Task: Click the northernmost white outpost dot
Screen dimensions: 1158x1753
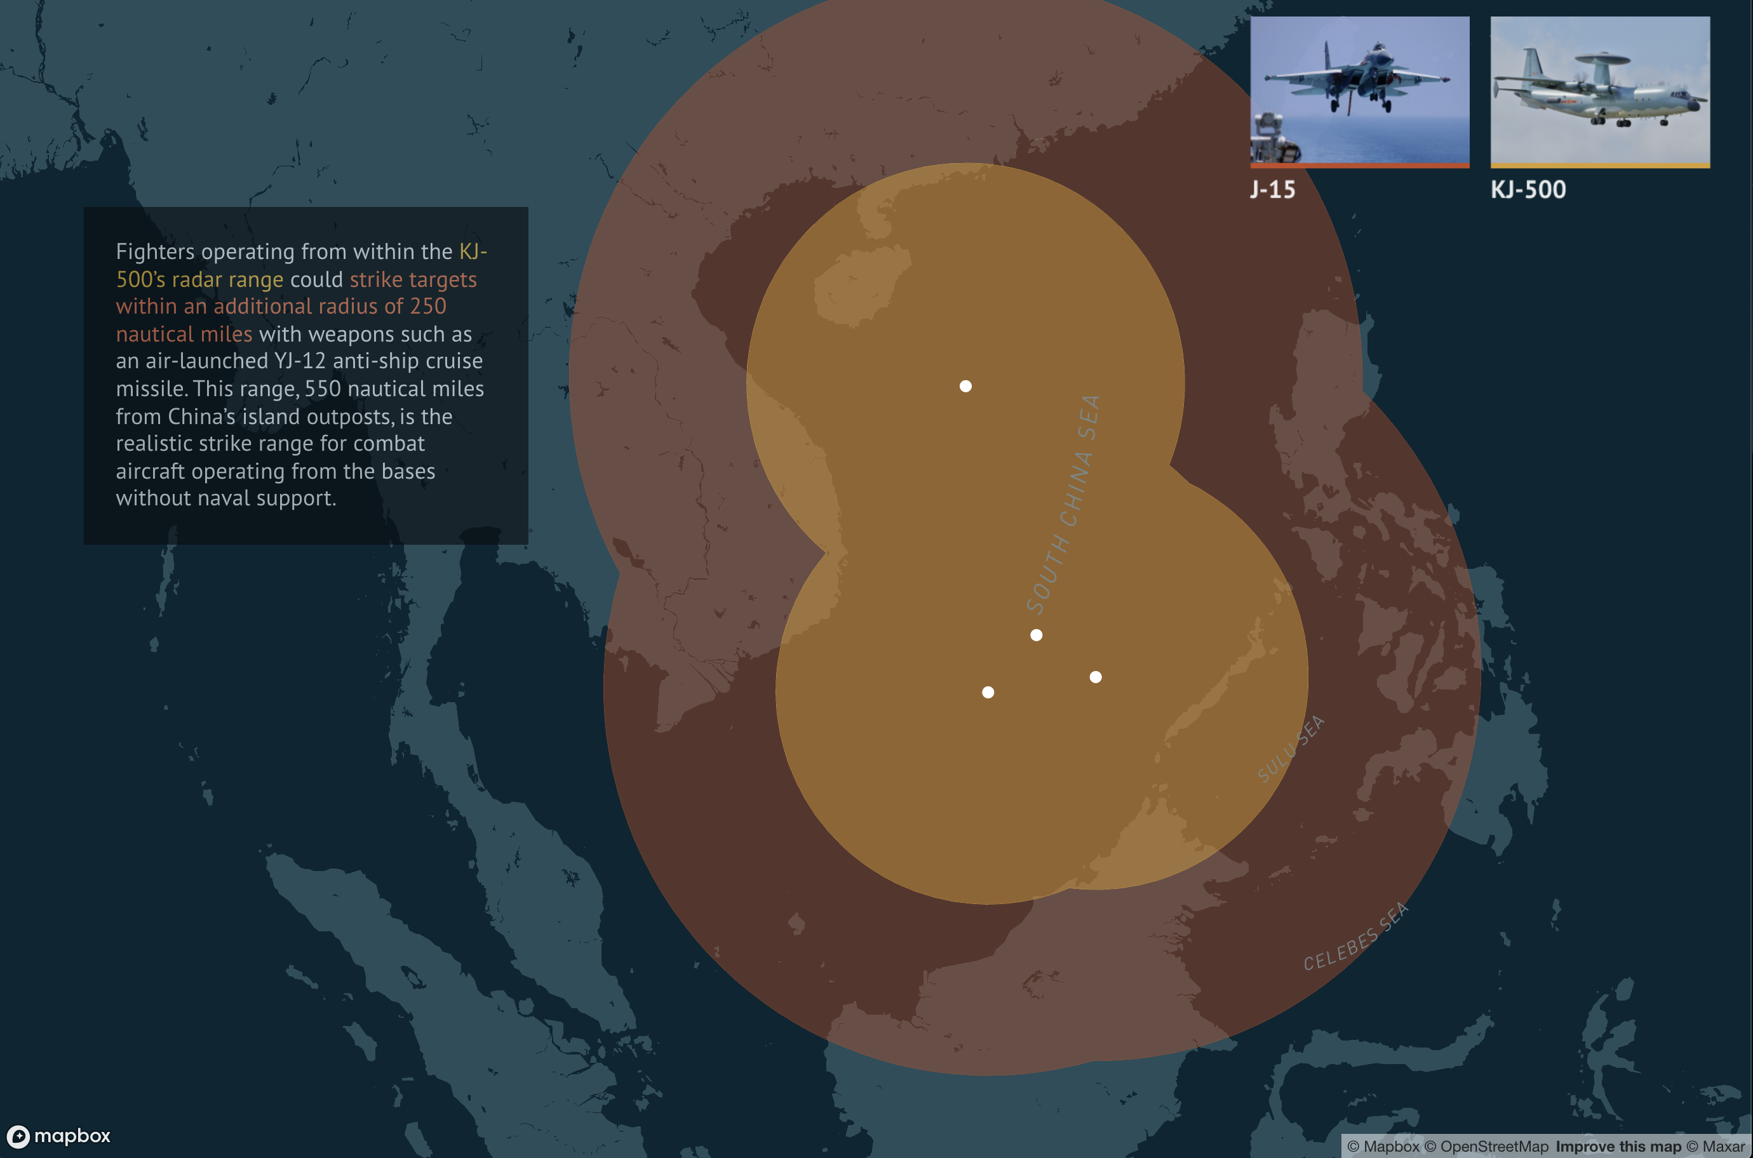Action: (x=965, y=386)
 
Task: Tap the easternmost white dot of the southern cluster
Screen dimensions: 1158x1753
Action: (x=1096, y=677)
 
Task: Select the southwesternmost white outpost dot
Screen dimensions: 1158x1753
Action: (x=988, y=692)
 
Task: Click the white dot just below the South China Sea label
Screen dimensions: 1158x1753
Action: (x=1037, y=635)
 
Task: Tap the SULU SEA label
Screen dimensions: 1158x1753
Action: (x=1291, y=750)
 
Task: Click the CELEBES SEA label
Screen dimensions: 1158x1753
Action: (x=1355, y=936)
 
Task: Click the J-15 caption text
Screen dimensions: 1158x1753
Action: (x=1272, y=190)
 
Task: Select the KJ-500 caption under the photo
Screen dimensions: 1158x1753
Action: (x=1528, y=190)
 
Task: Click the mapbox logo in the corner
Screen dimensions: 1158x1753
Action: (x=59, y=1136)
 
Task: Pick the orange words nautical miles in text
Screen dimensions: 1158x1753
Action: (x=184, y=335)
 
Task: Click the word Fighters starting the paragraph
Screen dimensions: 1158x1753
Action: (x=154, y=252)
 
